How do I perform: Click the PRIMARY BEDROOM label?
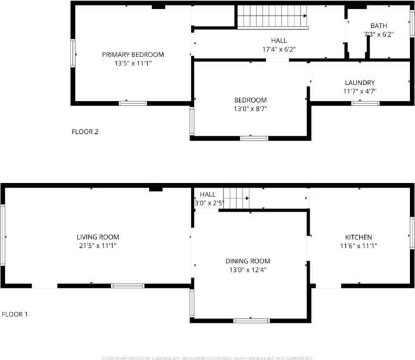pyautogui.click(x=133, y=55)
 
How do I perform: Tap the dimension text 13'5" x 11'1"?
pyautogui.click(x=133, y=63)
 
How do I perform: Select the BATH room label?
pyautogui.click(x=379, y=25)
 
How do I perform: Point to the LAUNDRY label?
pyautogui.click(x=360, y=82)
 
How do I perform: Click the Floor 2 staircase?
pyautogui.click(x=272, y=17)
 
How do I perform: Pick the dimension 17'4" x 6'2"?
pyautogui.click(x=279, y=49)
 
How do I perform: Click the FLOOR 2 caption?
pyautogui.click(x=84, y=132)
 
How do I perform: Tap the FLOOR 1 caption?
pyautogui.click(x=15, y=314)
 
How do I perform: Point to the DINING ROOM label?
pyautogui.click(x=248, y=261)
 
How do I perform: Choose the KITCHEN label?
pyautogui.click(x=359, y=237)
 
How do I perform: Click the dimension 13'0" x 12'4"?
pyautogui.click(x=248, y=270)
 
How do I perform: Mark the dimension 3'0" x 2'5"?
pyautogui.click(x=209, y=203)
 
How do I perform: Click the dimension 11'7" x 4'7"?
pyautogui.click(x=360, y=92)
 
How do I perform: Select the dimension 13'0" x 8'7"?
pyautogui.click(x=251, y=109)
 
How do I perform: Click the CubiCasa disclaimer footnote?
pyautogui.click(x=208, y=358)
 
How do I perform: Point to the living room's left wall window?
pyautogui.click(x=3, y=235)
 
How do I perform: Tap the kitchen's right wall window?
pyautogui.click(x=412, y=233)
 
